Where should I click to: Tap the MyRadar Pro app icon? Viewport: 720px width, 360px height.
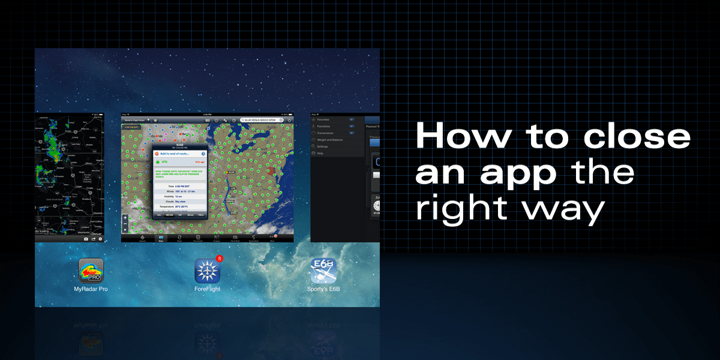click(91, 271)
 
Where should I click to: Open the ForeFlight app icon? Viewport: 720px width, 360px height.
click(208, 271)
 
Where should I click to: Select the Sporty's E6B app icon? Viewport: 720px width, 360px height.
click(323, 271)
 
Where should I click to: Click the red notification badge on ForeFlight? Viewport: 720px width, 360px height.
click(220, 259)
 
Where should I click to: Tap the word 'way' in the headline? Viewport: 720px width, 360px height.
click(571, 210)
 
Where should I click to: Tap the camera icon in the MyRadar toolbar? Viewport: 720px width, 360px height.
click(85, 239)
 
